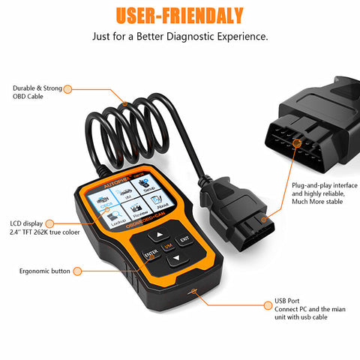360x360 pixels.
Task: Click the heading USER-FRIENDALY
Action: coord(180,14)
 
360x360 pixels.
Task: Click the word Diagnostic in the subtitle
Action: coord(192,35)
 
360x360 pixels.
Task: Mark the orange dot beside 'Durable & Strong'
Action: coord(67,88)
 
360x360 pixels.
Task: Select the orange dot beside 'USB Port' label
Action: coord(256,304)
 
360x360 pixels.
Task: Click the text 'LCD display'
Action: coord(27,223)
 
